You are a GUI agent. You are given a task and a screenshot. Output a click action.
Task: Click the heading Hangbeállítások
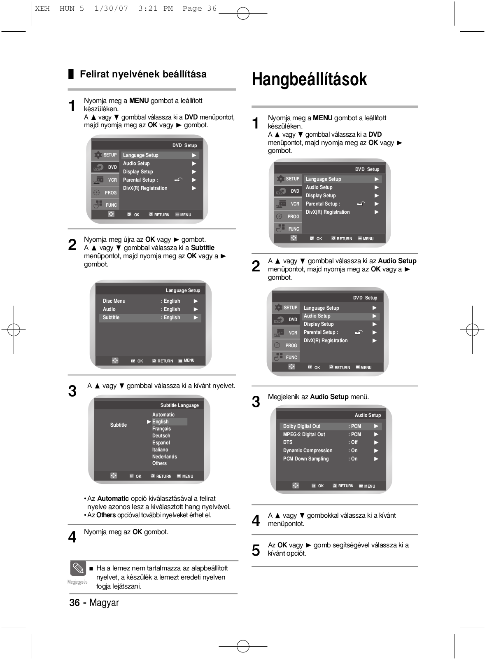(309, 79)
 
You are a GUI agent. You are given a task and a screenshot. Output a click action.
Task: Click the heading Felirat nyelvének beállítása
(143, 74)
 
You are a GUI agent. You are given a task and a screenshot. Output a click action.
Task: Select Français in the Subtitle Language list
(161, 429)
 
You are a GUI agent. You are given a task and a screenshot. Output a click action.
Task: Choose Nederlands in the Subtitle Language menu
(164, 456)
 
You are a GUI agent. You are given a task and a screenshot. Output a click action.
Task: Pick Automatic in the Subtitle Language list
(163, 415)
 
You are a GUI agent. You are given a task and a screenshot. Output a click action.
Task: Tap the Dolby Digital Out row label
(301, 426)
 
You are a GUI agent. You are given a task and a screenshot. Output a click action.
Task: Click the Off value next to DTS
(354, 442)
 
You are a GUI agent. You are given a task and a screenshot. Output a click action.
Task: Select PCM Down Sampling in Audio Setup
(306, 459)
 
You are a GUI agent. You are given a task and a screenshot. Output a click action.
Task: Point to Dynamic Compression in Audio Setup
(308, 451)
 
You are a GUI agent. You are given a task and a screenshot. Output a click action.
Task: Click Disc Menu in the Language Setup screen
(114, 301)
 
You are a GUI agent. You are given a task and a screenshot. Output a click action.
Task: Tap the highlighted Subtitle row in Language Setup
(111, 318)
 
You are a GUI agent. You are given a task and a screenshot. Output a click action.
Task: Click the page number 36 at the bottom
(75, 603)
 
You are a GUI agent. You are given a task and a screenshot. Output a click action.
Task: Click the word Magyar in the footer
(104, 603)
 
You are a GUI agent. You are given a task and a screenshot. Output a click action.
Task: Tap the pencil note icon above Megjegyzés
(78, 569)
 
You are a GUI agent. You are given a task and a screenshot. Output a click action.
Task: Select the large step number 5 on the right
(256, 550)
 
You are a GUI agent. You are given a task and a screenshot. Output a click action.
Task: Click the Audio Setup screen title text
(368, 415)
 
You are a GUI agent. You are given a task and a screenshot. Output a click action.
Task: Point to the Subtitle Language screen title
(179, 405)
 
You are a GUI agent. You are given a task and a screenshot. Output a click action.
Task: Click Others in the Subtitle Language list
(159, 463)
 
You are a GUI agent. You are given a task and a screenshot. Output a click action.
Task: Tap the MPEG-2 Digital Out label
(304, 435)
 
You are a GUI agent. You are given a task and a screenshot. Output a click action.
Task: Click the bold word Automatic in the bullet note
(113, 498)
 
